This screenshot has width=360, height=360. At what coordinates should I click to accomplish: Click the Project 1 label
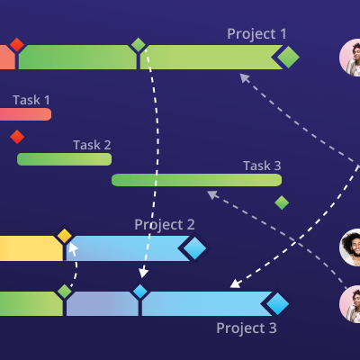[256, 34]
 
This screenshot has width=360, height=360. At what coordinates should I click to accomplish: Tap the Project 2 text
[165, 225]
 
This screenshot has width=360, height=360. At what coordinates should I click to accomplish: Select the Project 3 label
[247, 328]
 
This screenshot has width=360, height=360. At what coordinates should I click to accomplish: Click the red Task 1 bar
[25, 114]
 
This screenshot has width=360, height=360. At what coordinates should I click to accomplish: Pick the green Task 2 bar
[64, 159]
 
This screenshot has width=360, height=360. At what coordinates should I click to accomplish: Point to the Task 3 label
[262, 166]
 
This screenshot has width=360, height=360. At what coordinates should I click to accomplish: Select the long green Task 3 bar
[196, 180]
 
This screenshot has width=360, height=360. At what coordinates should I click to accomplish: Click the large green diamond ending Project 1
[288, 57]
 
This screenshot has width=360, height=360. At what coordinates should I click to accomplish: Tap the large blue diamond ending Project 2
[194, 248]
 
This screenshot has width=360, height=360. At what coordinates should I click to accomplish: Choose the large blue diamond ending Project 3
[277, 303]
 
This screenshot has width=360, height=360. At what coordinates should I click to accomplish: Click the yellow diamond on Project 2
[65, 236]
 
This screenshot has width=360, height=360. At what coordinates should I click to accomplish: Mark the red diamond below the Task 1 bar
[17, 137]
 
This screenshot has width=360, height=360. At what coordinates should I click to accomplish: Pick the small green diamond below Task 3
[282, 202]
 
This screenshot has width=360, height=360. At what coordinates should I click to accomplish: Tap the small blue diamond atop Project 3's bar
[140, 292]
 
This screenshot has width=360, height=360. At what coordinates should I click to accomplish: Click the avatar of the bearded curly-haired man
[350, 247]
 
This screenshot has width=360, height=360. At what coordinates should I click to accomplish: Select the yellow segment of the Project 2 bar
[31, 248]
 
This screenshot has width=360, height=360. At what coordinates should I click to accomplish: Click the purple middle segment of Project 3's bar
[103, 303]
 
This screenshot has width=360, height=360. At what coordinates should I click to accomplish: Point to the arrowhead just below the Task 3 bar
[212, 194]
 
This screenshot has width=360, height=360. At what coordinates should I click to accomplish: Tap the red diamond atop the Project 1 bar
[17, 45]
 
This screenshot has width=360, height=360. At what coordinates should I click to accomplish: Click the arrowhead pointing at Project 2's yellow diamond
[73, 247]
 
